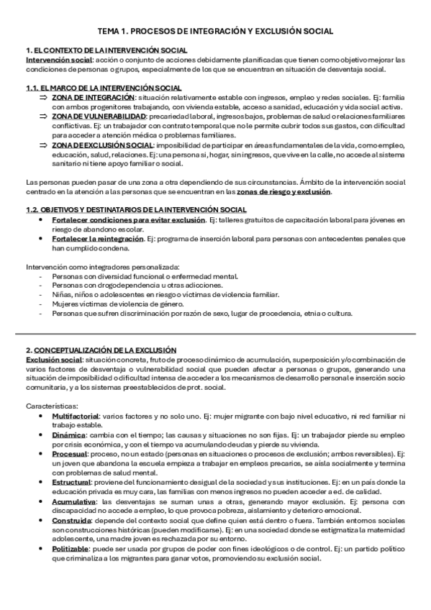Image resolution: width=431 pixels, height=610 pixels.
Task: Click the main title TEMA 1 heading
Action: pos(215,32)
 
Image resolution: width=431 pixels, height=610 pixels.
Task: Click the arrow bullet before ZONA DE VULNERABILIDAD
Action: pos(43,115)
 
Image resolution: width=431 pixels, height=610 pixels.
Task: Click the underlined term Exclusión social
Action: pos(53,359)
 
